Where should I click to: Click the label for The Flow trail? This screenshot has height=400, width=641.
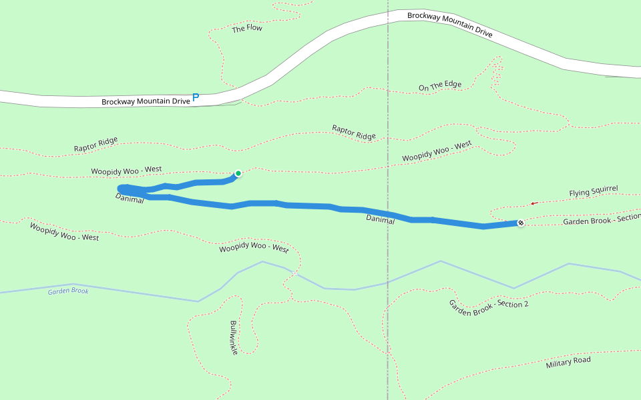pos(246,29)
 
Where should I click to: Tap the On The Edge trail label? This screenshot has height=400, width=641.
pos(439,85)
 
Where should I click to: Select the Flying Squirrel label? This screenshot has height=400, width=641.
pos(593,192)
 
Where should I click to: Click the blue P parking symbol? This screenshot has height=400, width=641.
pos(196,97)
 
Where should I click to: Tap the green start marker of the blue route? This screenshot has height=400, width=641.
pos(238,173)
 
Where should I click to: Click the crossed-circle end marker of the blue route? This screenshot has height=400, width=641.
pos(521,223)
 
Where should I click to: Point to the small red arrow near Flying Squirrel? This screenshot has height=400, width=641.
pos(534,203)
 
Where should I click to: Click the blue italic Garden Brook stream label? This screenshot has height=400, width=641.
pos(68,291)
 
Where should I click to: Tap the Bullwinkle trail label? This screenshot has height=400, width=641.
pos(234,337)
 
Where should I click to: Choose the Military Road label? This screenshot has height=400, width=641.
pos(568,362)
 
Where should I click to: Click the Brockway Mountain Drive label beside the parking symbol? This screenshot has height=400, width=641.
pos(146,101)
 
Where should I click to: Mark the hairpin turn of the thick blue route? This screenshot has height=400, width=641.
pos(121,190)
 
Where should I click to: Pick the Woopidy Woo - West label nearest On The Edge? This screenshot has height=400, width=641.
pos(437,151)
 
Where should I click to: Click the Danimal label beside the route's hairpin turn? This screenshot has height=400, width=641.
pos(130,199)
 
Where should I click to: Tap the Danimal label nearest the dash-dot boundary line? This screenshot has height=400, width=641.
pos(380,219)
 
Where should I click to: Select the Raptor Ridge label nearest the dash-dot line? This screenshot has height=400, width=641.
pos(354,132)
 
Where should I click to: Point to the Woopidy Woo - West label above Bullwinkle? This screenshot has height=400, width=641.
pos(254,249)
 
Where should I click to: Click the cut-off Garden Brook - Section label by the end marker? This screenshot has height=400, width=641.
pos(601,220)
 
